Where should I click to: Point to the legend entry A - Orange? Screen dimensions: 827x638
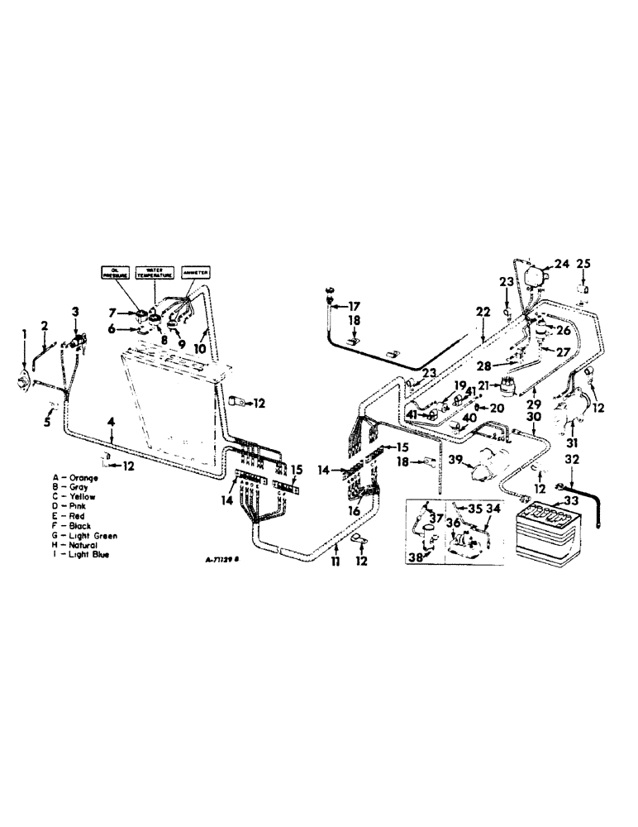pos(79,479)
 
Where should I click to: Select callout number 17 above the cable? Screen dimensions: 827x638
pos(355,304)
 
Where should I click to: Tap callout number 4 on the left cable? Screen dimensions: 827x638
pos(111,423)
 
